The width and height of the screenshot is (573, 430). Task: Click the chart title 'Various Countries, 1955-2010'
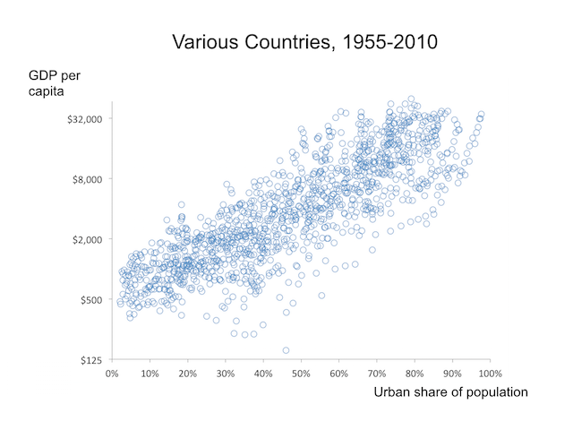(304, 42)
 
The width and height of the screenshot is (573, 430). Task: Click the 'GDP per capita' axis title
(55, 83)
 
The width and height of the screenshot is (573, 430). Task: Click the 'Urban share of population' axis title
(450, 391)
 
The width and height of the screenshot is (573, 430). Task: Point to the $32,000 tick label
(86, 118)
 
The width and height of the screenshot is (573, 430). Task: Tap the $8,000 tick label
(90, 178)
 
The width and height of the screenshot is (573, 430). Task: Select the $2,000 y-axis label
(90, 239)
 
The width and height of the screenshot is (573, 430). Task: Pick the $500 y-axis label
(93, 299)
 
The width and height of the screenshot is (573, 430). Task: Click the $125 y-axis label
(93, 360)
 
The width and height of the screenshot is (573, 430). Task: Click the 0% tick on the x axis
(112, 373)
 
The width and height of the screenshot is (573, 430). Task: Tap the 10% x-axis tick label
(150, 373)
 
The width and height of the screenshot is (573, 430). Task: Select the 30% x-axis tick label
(226, 373)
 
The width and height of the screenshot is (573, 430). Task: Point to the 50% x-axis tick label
(301, 373)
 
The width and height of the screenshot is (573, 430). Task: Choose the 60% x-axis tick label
(338, 373)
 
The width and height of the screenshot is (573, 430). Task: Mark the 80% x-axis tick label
(415, 373)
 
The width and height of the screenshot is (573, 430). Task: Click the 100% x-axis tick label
(490, 373)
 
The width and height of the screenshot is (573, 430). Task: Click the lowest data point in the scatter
(286, 350)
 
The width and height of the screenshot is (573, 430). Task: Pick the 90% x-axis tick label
(452, 373)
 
